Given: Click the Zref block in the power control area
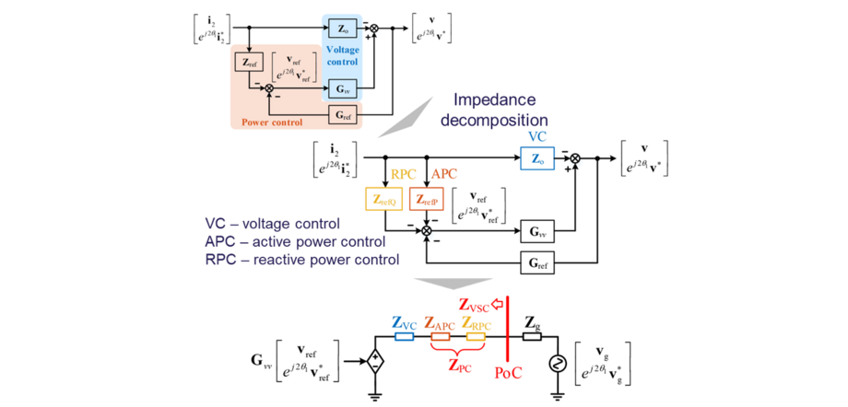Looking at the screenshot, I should click(248, 62).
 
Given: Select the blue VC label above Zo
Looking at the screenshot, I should click(536, 134).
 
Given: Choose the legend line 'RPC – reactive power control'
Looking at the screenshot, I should click(302, 260).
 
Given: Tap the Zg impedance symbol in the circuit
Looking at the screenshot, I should click(532, 337).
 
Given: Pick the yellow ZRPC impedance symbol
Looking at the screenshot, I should click(475, 337).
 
